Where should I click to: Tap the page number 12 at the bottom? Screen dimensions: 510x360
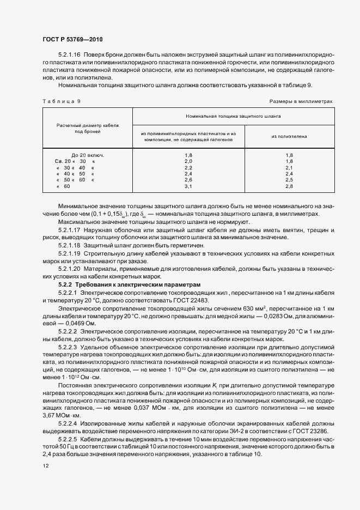[x=45, y=466]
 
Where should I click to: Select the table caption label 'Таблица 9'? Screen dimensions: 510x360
[x=61, y=101]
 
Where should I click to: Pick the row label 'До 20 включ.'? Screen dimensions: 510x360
[x=87, y=155]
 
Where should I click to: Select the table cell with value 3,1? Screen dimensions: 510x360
[x=188, y=186]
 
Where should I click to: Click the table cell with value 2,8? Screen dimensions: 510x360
[x=289, y=186]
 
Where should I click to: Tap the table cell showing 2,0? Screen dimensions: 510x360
[x=188, y=161]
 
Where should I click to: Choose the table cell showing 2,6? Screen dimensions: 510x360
[x=188, y=180]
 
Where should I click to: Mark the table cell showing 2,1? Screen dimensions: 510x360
[x=289, y=168]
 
